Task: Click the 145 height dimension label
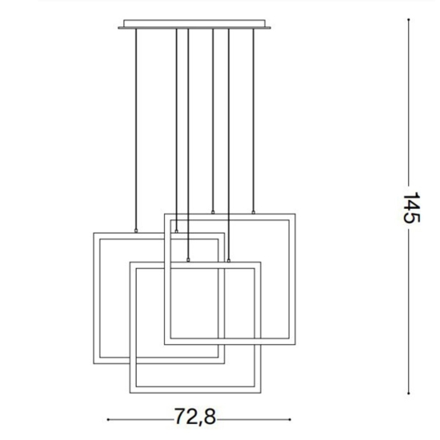(x=412, y=208)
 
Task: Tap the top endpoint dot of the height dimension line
(x=409, y=20)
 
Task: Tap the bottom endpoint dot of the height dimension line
(x=409, y=394)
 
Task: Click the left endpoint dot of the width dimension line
(x=108, y=420)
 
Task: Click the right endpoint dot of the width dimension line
(x=290, y=420)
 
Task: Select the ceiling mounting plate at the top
(x=194, y=24)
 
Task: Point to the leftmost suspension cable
(x=136, y=129)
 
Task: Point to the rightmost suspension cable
(x=254, y=120)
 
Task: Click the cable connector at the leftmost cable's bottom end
(x=136, y=231)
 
